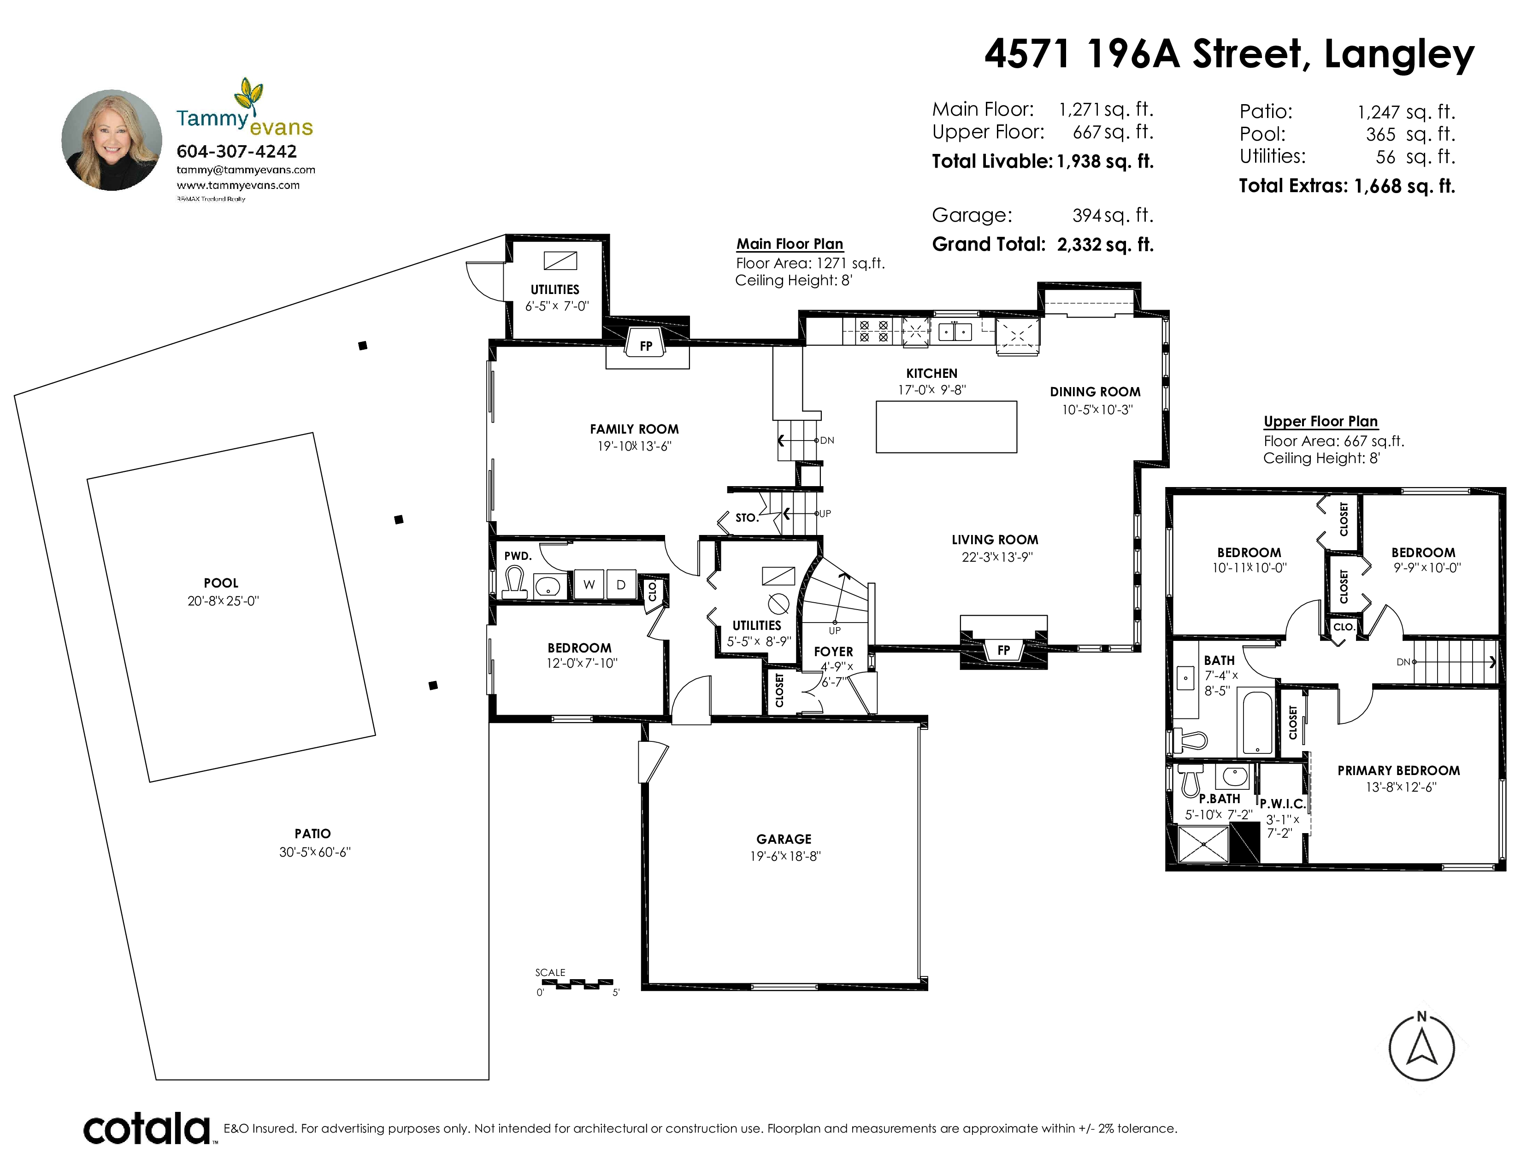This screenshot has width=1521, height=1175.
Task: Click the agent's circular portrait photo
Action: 112,140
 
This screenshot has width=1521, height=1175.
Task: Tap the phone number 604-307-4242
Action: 237,151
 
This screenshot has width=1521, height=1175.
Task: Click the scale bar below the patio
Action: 578,984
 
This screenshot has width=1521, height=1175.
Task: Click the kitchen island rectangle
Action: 946,427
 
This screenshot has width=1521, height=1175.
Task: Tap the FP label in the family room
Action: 646,346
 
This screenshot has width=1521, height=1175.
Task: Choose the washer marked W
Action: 589,585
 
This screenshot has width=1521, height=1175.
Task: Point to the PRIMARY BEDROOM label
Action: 1398,770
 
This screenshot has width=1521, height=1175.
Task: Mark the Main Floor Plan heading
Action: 790,244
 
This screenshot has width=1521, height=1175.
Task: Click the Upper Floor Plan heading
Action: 1321,421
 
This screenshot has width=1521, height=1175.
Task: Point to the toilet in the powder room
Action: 515,582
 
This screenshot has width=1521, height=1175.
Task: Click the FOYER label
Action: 834,652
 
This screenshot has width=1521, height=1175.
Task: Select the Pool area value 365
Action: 1380,135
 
